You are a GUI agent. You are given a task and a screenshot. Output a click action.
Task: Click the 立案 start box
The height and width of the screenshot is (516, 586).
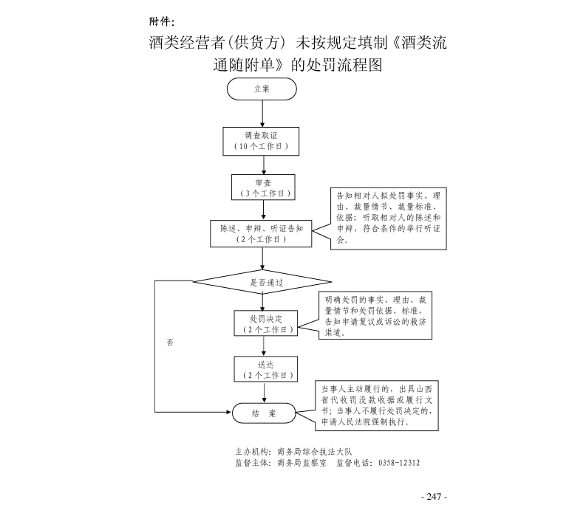pyautogui.click(x=262, y=89)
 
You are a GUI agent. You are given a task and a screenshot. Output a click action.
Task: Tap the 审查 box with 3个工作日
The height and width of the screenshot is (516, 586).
pyautogui.click(x=263, y=188)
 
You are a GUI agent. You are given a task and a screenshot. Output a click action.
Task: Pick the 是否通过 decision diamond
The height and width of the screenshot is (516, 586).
pyautogui.click(x=262, y=282)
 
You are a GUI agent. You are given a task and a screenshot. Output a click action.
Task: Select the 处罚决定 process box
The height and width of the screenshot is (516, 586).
pyautogui.click(x=264, y=324)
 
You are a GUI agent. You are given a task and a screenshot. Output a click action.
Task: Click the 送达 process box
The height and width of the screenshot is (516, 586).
pyautogui.click(x=264, y=369)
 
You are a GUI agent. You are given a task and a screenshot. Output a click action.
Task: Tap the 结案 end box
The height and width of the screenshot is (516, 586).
pyautogui.click(x=263, y=413)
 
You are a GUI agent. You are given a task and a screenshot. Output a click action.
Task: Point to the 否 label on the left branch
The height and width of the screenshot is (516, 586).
pyautogui.click(x=170, y=343)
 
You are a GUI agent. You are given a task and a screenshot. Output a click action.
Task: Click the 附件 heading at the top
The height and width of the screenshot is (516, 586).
pyautogui.click(x=162, y=20)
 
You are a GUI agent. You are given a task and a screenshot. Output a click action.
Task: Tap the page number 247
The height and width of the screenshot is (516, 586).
pyautogui.click(x=434, y=497)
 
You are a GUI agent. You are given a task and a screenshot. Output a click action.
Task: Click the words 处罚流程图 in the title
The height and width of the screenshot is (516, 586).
pyautogui.click(x=347, y=65)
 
